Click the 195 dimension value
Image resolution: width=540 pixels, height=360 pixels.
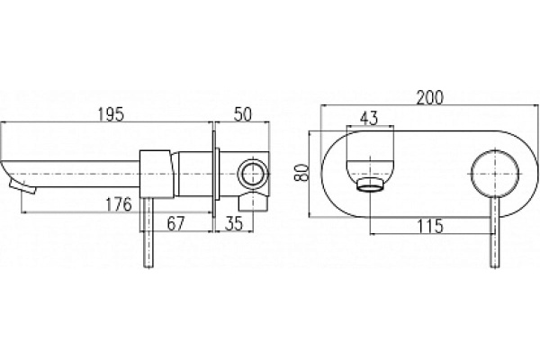point(111,114)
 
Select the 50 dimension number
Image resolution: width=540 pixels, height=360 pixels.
point(243,114)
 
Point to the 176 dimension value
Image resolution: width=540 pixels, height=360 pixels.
point(119,204)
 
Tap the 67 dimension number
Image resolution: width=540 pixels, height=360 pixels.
point(176,223)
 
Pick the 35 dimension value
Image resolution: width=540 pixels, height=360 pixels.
point(234,223)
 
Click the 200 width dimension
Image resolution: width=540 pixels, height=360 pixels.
point(430,97)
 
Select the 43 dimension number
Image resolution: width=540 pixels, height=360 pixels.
point(369,118)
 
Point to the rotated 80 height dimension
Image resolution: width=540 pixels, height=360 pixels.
point(301,173)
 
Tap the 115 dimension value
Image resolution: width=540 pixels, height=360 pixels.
point(430,226)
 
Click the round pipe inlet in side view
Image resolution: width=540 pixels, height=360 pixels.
point(254,174)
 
